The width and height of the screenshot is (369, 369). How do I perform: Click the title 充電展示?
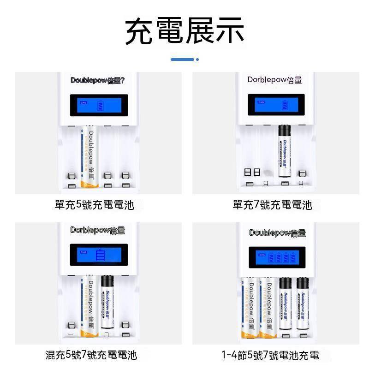tap(184, 31)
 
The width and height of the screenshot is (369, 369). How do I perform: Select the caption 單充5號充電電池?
tap(95, 205)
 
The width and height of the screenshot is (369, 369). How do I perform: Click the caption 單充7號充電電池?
tap(272, 205)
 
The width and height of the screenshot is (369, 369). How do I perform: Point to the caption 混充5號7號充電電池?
tap(91, 355)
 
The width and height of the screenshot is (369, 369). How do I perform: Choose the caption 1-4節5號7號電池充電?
tap(270, 355)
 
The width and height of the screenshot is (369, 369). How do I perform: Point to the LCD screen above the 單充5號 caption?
tap(99, 106)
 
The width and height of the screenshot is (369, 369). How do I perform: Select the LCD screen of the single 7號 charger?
tap(276, 105)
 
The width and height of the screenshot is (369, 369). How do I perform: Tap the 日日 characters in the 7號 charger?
tap(252, 173)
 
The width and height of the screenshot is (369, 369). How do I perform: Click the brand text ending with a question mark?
tap(98, 80)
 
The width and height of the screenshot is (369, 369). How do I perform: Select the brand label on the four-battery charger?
tap(277, 233)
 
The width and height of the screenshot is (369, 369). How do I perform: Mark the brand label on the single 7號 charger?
tap(275, 80)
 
